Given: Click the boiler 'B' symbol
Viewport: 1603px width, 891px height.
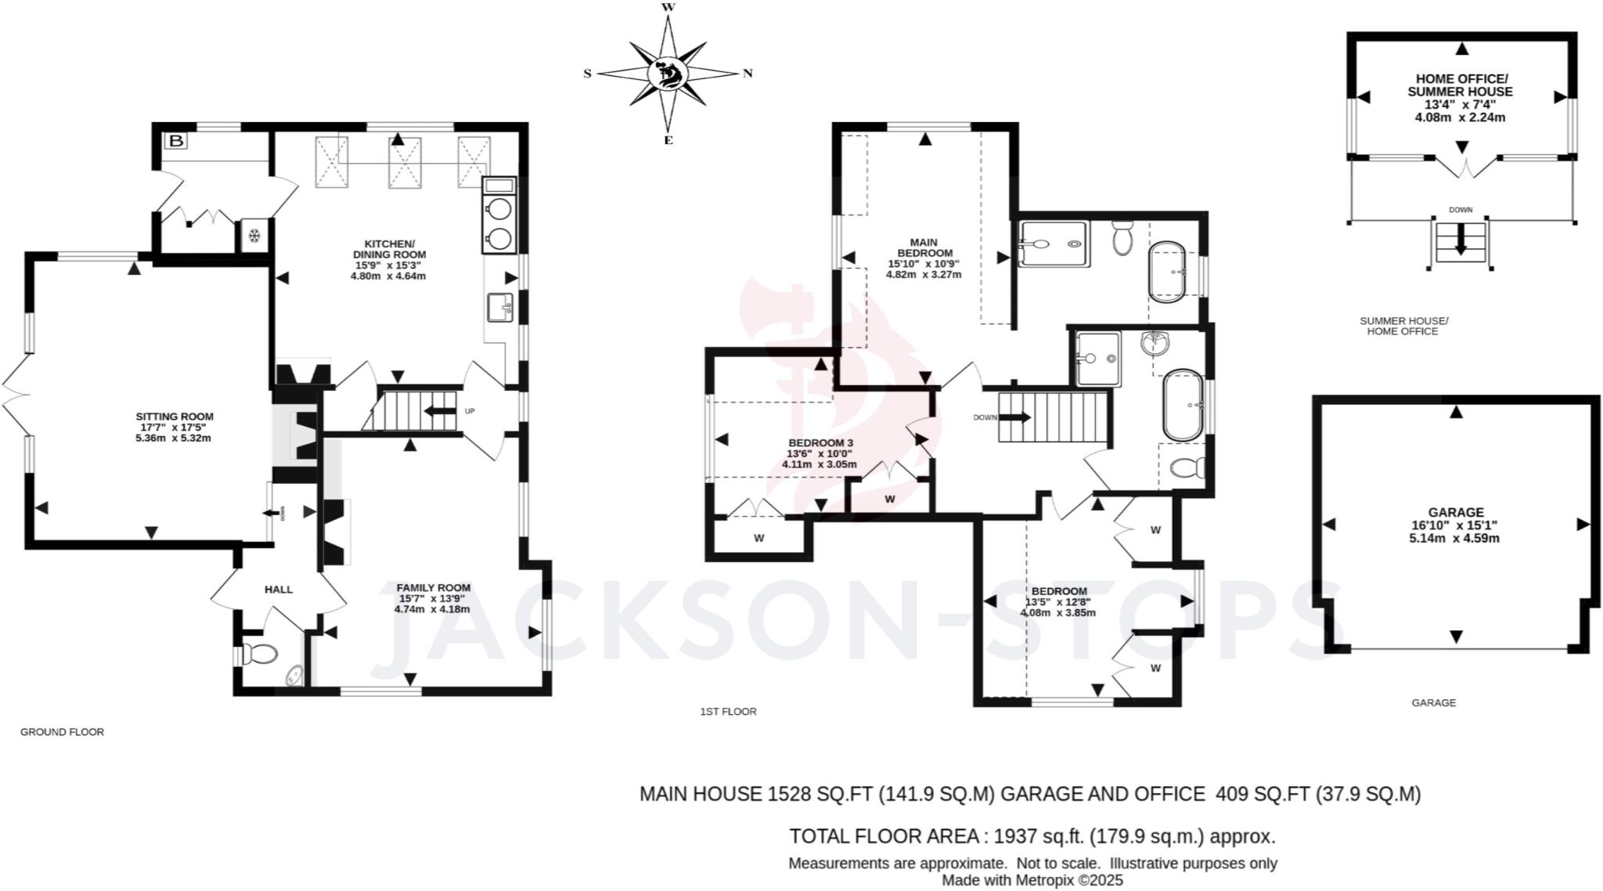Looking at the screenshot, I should click(177, 141).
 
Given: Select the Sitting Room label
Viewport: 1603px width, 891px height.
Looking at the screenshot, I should click(174, 417).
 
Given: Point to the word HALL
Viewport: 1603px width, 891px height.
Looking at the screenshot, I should click(278, 590).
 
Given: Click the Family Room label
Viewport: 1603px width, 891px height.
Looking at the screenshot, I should click(433, 588).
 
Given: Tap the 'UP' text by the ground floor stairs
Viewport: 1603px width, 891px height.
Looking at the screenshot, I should click(470, 411).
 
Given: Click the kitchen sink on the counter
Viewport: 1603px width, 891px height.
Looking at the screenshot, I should click(499, 307).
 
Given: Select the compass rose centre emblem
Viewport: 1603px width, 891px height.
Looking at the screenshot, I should click(668, 74).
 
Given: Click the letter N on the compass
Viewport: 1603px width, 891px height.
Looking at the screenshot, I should click(747, 74).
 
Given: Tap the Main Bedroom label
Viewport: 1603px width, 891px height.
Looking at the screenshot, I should click(924, 247).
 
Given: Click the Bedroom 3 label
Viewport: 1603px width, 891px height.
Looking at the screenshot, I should click(820, 443).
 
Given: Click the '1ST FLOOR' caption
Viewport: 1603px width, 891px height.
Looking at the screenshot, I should click(728, 712).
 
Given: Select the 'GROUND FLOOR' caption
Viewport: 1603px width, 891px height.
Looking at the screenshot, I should click(62, 732).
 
